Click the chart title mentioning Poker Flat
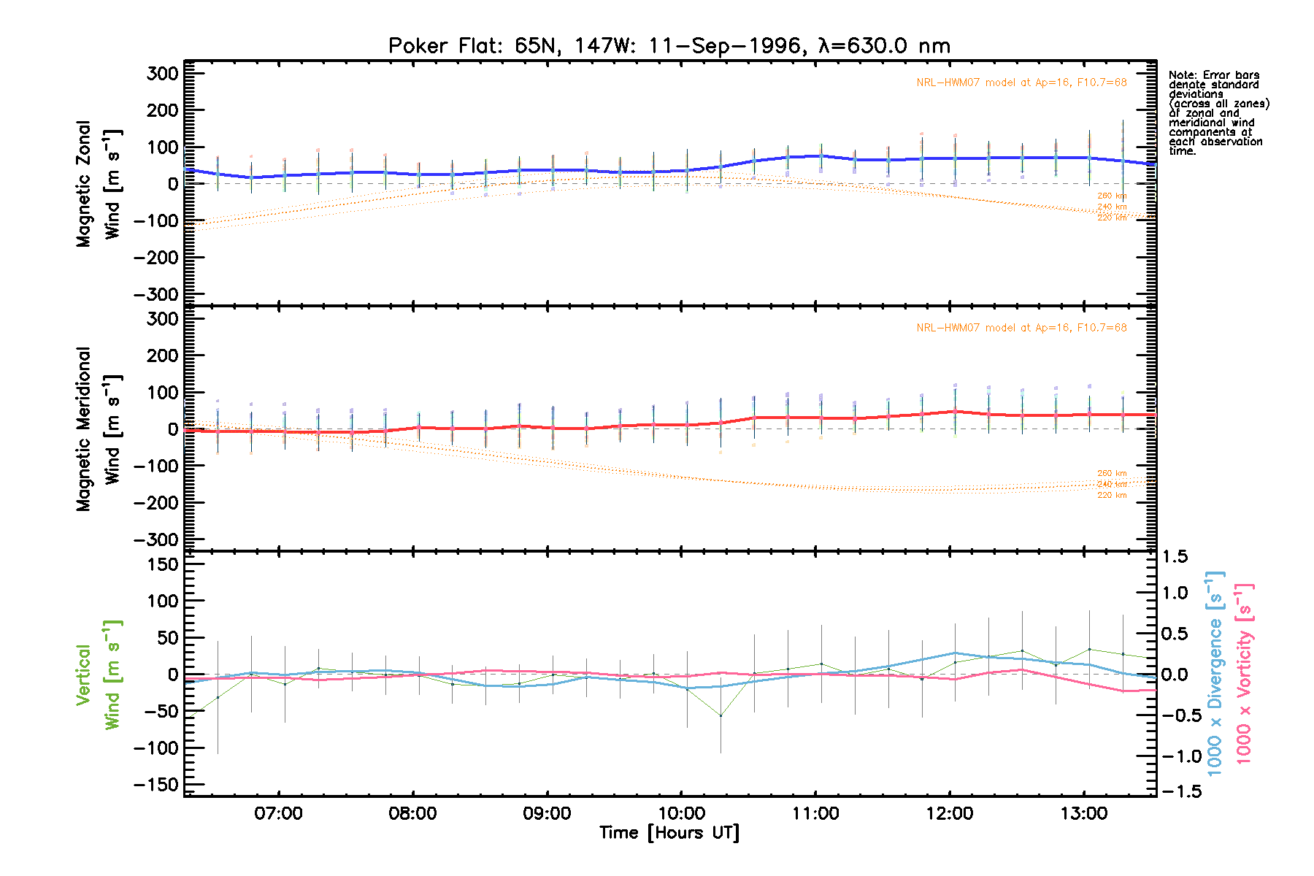point(669,46)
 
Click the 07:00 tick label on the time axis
point(278,814)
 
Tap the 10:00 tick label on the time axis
point(681,814)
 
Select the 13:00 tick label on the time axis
point(1084,814)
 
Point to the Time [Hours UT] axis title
point(669,833)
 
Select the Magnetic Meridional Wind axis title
point(98,429)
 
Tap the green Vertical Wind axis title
point(98,675)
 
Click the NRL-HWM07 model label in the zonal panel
point(1021,82)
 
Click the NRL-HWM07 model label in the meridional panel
point(1021,328)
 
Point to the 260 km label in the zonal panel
point(1112,196)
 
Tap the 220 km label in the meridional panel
point(1112,496)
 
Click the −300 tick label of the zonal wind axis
point(156,294)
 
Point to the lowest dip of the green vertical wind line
point(721,715)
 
